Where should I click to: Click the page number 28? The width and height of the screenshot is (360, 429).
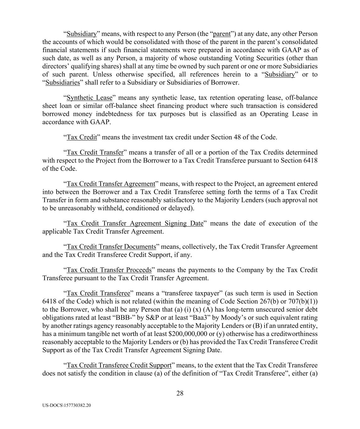tap(180, 393)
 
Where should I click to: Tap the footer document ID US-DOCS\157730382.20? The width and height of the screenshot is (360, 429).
tap(67, 405)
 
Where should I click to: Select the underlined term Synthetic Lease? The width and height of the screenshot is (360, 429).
tap(89, 98)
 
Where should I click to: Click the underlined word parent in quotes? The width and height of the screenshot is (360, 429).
tap(222, 34)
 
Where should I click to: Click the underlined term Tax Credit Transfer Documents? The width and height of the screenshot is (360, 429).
tap(111, 247)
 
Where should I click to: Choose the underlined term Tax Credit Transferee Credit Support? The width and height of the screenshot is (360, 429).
tap(119, 365)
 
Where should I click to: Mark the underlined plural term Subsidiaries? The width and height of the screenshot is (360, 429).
tap(63, 83)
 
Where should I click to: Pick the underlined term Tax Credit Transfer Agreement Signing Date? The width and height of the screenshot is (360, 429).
tap(135, 223)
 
